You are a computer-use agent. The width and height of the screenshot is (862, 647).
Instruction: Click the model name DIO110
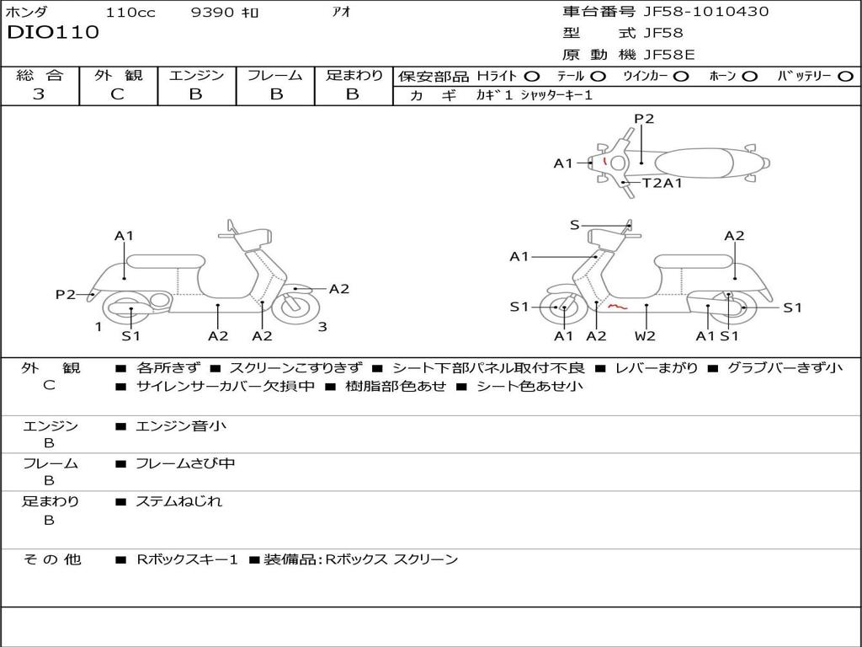point(53,33)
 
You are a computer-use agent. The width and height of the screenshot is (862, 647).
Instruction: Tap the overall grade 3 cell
point(40,94)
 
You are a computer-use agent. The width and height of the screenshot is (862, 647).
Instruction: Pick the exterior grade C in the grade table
point(118,94)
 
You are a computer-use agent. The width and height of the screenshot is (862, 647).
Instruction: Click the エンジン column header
point(196,76)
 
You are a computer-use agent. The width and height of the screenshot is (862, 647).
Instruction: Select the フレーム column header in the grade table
point(274,76)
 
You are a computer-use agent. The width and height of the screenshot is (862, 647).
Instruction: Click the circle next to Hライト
point(531,77)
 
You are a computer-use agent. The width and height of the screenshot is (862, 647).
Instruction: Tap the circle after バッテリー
point(845,77)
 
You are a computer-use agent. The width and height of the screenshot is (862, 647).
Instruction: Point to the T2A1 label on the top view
point(662,183)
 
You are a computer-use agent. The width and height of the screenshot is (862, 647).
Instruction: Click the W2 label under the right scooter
point(645,336)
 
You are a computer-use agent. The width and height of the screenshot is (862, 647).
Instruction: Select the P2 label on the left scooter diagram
point(66,294)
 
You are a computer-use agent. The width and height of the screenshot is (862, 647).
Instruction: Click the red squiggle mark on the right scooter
point(618,307)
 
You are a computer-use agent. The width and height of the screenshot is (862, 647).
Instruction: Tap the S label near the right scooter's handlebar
point(575,225)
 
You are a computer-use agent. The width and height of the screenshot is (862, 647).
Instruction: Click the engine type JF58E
point(669,55)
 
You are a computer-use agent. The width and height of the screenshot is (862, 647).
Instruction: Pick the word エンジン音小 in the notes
point(181,426)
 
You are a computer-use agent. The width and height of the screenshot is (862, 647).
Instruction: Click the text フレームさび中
point(185,463)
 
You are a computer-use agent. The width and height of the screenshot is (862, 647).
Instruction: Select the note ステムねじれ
point(179,501)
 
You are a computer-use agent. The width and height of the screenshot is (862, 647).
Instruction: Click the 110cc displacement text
point(130,13)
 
